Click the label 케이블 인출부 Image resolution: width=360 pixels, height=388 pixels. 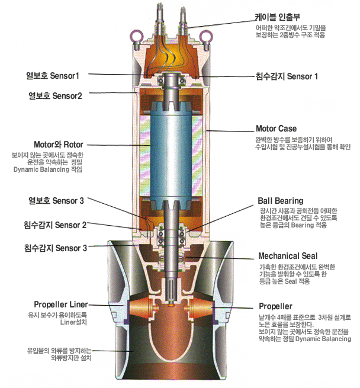[277, 17]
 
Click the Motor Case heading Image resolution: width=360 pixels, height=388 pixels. [276, 128]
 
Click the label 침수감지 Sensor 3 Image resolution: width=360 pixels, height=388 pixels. [55, 247]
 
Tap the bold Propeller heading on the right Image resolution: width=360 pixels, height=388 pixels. [275, 306]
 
